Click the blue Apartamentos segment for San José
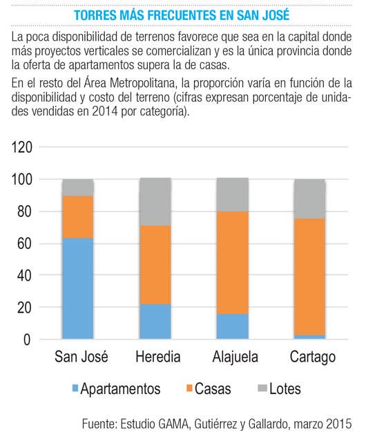pyautogui.click(x=77, y=288)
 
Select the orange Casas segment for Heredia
pyautogui.click(x=155, y=265)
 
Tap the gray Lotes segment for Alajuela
pyautogui.click(x=233, y=195)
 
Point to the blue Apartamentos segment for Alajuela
pyautogui.click(x=233, y=326)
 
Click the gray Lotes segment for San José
pyautogui.click(x=77, y=187)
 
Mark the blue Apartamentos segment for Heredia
pyautogui.click(x=155, y=322)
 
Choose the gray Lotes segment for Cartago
pyautogui.click(x=310, y=199)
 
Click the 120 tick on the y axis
pyautogui.click(x=22, y=147)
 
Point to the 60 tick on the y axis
pyautogui.click(x=25, y=243)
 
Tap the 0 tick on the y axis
pyautogui.click(x=27, y=340)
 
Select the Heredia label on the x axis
pyautogui.click(x=158, y=357)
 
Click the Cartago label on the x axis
pyautogui.click(x=313, y=357)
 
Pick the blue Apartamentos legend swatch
pyautogui.click(x=75, y=388)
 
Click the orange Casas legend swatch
pyautogui.click(x=189, y=388)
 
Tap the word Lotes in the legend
pyautogui.click(x=285, y=389)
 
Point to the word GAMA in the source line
pyautogui.click(x=173, y=424)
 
